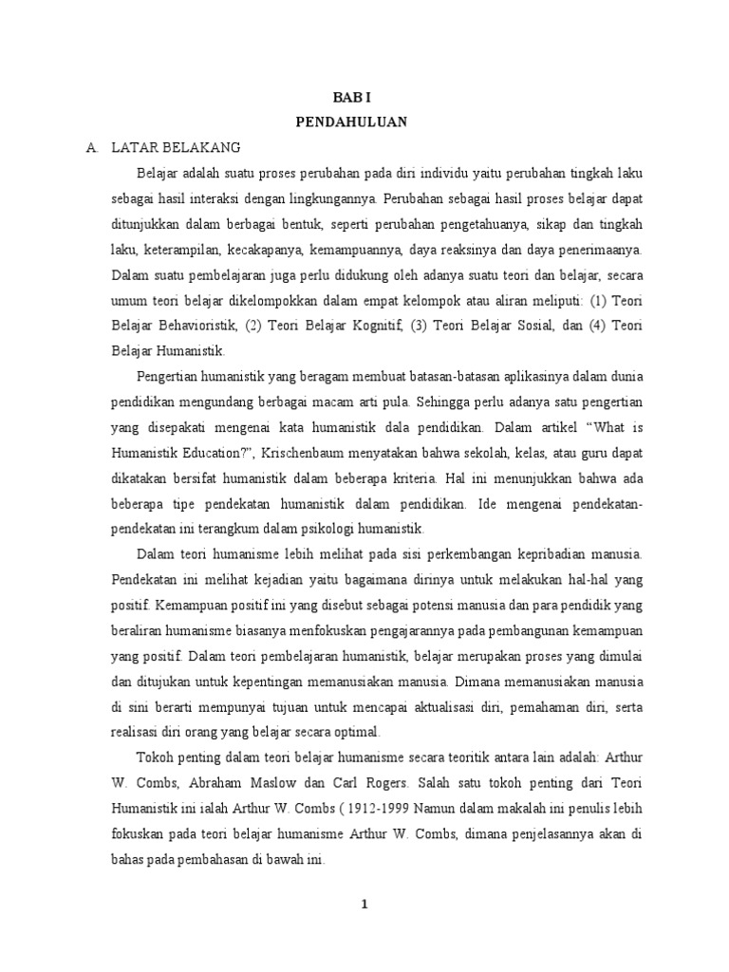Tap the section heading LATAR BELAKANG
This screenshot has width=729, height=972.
click(177, 148)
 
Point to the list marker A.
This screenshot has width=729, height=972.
click(92, 148)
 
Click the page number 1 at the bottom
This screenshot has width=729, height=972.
click(364, 905)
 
